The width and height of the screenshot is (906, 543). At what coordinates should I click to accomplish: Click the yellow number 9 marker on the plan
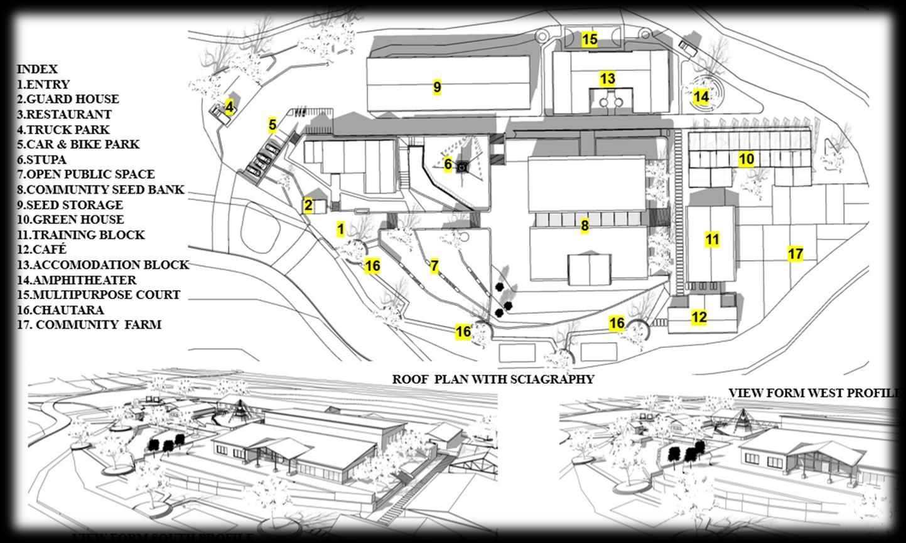pos(437,87)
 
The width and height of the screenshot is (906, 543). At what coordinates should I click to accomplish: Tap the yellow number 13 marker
pos(607,79)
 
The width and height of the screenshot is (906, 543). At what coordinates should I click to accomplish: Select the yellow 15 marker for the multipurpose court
pos(590,40)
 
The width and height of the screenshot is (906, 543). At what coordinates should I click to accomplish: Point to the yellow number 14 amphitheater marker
pos(701,97)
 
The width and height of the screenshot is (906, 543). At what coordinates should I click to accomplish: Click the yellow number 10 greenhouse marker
pos(746,159)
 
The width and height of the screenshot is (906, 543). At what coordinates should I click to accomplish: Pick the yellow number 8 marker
pos(585,226)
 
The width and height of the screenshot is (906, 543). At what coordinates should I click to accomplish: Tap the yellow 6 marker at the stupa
pos(448,165)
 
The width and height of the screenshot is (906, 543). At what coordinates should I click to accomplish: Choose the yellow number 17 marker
pos(795,254)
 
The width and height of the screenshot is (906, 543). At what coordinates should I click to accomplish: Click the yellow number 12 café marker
pos(699,317)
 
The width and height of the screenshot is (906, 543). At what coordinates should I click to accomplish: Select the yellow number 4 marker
pos(229,108)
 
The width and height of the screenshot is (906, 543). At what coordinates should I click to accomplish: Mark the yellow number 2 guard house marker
pos(308,205)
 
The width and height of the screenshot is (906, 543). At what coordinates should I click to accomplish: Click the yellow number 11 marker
pos(712,240)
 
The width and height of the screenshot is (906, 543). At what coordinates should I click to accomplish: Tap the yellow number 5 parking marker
pos(272,125)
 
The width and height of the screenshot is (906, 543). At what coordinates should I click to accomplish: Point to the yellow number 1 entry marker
pos(340,229)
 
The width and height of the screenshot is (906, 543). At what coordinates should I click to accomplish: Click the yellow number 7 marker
pos(434,266)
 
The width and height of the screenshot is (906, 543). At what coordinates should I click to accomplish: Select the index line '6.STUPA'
pos(41,159)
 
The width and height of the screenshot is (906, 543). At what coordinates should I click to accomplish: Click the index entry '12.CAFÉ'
pos(41,250)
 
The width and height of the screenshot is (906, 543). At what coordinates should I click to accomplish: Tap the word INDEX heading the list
pos(37,69)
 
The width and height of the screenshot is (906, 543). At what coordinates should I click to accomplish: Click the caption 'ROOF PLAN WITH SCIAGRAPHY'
pos(493,379)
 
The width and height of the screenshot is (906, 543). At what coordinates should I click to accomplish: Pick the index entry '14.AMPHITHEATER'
pos(77,280)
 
